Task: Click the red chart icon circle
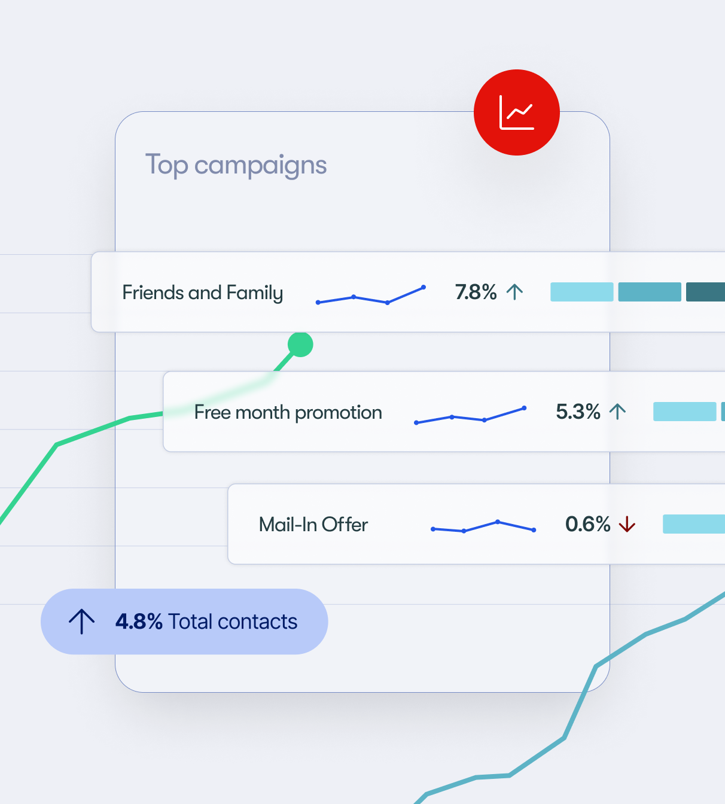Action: (x=517, y=112)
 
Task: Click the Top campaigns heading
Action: (x=236, y=165)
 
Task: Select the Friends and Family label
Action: (x=202, y=293)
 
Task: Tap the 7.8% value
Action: (x=476, y=293)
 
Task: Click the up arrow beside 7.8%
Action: (x=514, y=292)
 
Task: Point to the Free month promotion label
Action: (x=288, y=412)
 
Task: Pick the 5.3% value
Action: (x=578, y=412)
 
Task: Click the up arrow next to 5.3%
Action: (x=617, y=412)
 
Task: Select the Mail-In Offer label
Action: (x=313, y=525)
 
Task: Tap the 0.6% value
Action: (x=587, y=525)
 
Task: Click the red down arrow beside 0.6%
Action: (x=627, y=525)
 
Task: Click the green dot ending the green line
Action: (x=300, y=345)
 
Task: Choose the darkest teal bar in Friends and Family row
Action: (x=706, y=292)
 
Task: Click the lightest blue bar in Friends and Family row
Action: (x=581, y=292)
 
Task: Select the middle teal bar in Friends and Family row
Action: (x=649, y=292)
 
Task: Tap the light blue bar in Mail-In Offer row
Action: (x=694, y=524)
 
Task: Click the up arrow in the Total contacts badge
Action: (x=81, y=622)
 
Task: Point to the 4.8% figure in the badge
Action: (x=139, y=622)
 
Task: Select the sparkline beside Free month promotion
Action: (x=470, y=416)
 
